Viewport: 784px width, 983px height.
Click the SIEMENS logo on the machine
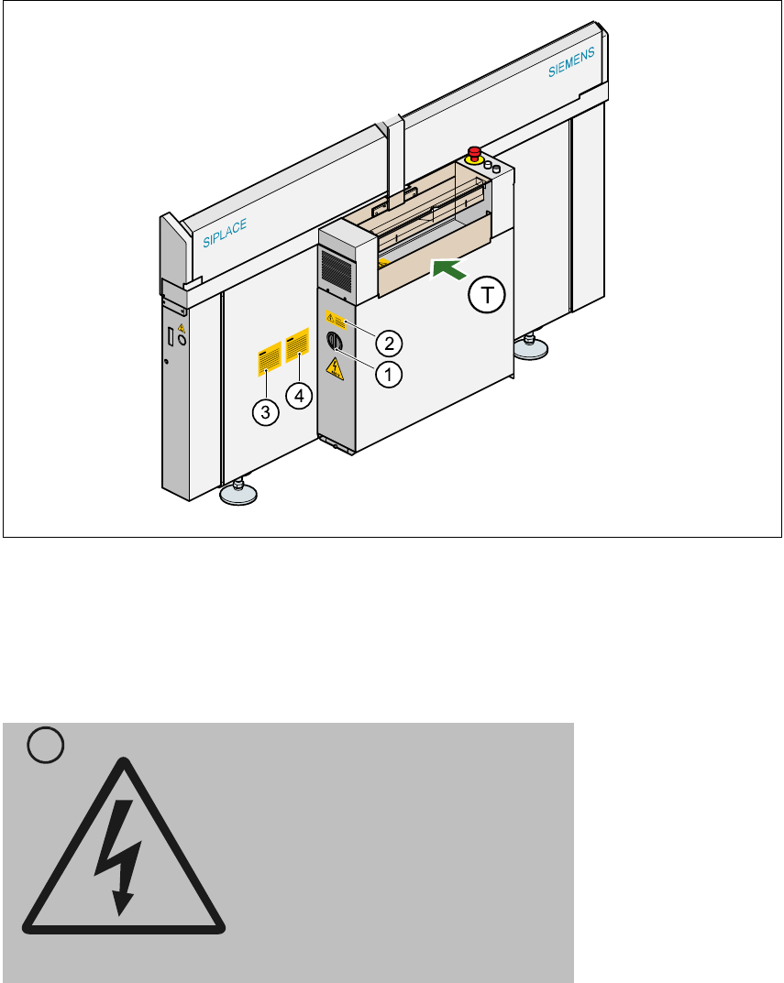pos(573,62)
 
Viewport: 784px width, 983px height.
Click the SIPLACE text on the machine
pos(225,234)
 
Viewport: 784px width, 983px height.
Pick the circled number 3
pos(265,411)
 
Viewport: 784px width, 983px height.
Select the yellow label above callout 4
pos(298,347)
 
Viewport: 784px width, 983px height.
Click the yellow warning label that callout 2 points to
pos(336,320)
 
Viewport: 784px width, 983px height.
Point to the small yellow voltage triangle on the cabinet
pos(335,369)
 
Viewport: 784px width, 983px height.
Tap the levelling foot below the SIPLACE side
pos(238,493)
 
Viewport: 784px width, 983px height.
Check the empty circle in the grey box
pos(45,748)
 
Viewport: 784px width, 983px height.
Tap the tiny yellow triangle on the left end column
pos(181,327)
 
